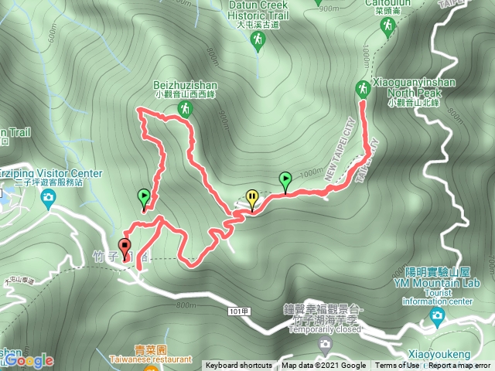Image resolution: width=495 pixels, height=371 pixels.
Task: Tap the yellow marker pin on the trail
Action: (251, 199)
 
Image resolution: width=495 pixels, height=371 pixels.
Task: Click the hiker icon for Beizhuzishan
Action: (184, 110)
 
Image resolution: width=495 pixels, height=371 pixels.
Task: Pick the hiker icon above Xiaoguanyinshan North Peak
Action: (362, 87)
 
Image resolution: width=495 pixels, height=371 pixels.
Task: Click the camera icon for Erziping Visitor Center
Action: (48, 200)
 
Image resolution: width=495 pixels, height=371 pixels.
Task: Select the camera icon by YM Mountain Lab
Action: (437, 315)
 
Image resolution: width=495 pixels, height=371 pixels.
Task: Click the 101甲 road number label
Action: (240, 310)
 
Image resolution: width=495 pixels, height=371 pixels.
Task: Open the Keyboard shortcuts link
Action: (238, 366)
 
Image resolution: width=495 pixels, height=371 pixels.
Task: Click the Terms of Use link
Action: (398, 366)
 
